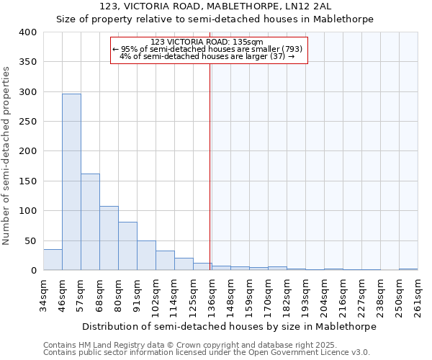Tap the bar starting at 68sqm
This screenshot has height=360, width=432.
109,238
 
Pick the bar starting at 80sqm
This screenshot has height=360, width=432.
127,246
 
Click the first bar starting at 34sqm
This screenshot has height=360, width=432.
53,260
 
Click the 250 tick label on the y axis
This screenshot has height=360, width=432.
27,122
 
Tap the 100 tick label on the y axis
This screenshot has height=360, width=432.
27,211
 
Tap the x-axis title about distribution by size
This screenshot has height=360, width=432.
229,326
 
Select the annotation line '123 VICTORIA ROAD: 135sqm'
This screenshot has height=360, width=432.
209,42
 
